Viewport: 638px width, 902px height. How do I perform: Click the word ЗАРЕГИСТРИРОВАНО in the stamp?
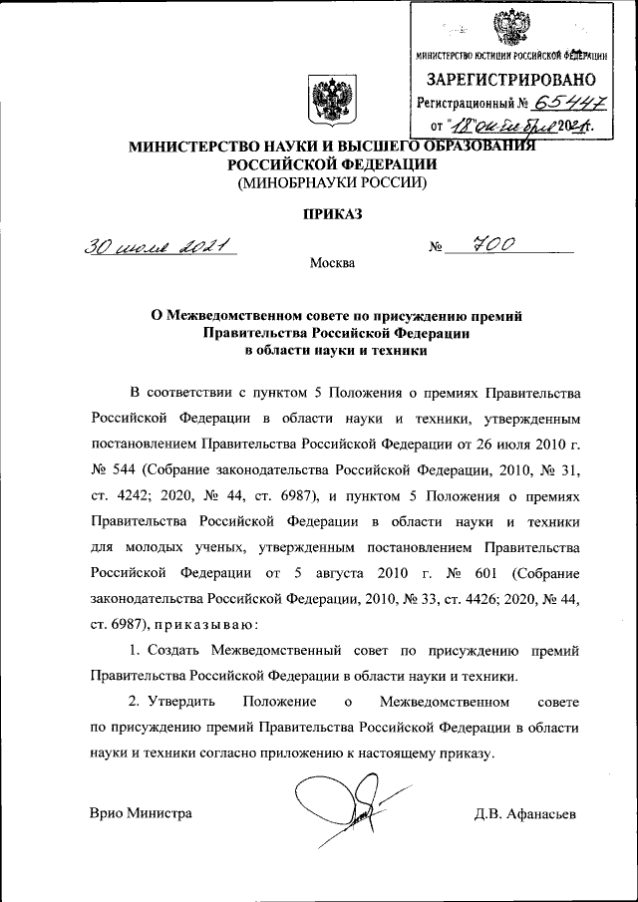(x=511, y=79)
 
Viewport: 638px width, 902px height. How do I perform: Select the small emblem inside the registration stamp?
(x=514, y=26)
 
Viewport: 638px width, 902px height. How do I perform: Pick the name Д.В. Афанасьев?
(x=525, y=813)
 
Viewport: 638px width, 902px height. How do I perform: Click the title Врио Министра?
(x=141, y=813)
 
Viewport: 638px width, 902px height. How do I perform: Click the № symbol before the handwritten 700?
(x=435, y=248)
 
